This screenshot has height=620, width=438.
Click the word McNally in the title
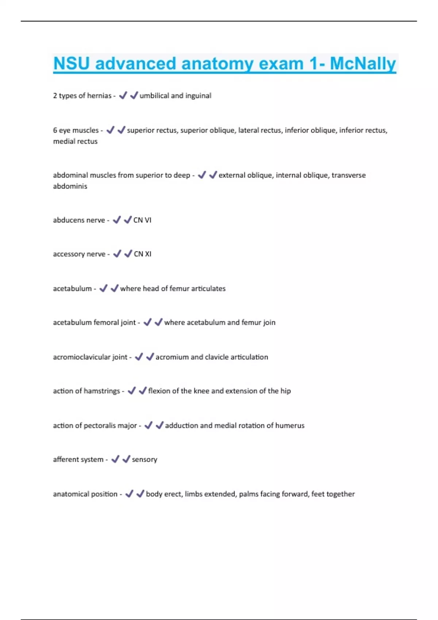(x=363, y=63)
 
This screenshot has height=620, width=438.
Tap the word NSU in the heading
(x=72, y=63)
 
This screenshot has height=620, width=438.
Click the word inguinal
(x=198, y=96)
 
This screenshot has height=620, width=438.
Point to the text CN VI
(x=142, y=220)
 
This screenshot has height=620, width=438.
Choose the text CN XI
(x=142, y=254)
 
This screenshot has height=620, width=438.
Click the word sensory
(x=145, y=460)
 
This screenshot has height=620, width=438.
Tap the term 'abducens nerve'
(x=79, y=220)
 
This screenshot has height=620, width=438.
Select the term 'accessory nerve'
(x=79, y=254)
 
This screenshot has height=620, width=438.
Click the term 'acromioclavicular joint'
(x=90, y=357)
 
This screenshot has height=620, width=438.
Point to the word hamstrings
(x=102, y=391)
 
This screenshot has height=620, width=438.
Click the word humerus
(x=290, y=425)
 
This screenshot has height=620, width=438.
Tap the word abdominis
(x=70, y=186)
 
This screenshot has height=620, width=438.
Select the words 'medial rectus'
(x=75, y=142)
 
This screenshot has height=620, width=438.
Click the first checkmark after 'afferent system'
(x=115, y=459)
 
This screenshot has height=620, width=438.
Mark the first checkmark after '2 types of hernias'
(x=123, y=95)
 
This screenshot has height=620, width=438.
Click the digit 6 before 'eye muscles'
(x=55, y=130)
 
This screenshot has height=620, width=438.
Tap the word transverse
(x=349, y=175)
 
